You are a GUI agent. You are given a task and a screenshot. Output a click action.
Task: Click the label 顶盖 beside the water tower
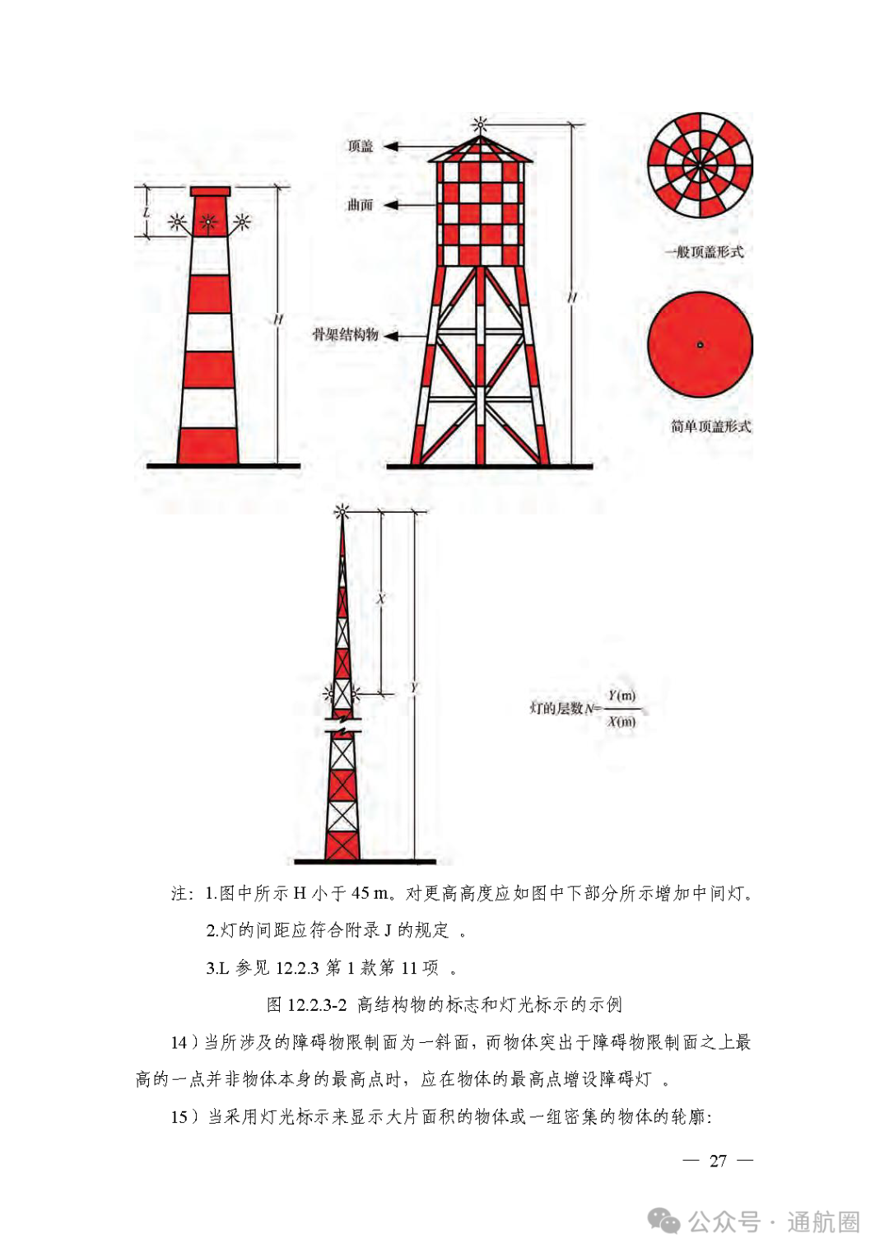pos(360,147)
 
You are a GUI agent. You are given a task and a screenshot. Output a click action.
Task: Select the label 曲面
pos(360,205)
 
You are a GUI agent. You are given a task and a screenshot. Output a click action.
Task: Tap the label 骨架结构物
pos(345,334)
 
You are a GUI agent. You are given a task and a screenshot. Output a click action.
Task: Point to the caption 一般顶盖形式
pos(705,252)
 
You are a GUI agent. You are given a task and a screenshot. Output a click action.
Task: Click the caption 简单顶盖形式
pos(710,426)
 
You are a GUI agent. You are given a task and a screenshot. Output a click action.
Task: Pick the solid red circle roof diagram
pos(700,345)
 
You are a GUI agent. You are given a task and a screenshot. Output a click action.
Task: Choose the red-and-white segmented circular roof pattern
pos(700,165)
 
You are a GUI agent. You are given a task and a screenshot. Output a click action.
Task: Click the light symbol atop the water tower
pos(480,125)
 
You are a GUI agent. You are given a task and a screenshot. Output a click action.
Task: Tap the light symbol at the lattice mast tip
pos(342,511)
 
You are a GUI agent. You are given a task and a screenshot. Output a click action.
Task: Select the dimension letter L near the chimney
pos(147,212)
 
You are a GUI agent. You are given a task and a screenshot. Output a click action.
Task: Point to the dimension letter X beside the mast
pos(380,599)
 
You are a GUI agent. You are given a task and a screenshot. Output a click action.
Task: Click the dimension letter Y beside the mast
pos(414,687)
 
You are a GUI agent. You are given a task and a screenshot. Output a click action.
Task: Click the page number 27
pos(718,1161)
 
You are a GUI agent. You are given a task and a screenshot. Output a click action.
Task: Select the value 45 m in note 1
pos(370,893)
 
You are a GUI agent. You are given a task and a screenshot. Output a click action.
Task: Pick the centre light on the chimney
pos(209,221)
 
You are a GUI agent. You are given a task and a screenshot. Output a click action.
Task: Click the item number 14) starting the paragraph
pos(184,1043)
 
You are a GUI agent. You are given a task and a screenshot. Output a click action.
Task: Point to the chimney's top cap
pos(210,192)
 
